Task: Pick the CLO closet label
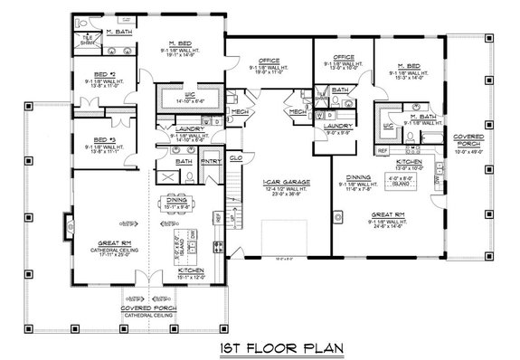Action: point(235,156)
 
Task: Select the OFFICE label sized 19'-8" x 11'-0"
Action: point(266,61)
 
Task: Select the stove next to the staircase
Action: point(217,245)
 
